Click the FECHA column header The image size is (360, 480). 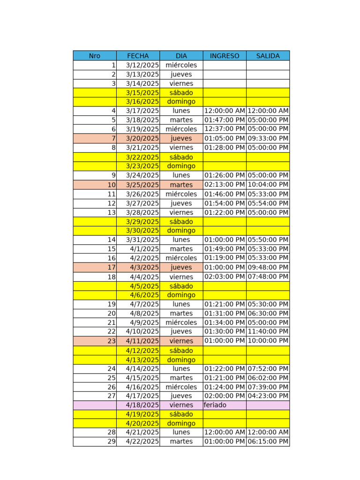(138, 56)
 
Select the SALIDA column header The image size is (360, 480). (268, 56)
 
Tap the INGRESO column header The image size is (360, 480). (225, 56)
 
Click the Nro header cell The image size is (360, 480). (95, 56)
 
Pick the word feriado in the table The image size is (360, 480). (215, 405)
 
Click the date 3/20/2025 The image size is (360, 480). (142, 138)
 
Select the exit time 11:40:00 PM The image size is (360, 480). (268, 331)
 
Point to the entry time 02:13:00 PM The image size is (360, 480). (225, 185)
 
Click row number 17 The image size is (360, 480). (112, 267)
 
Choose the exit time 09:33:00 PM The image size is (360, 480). (268, 138)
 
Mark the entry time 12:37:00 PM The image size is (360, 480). (225, 129)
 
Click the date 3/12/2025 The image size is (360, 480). (142, 65)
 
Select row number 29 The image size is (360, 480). (112, 442)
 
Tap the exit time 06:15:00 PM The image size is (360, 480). (268, 442)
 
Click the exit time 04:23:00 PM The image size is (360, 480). (268, 396)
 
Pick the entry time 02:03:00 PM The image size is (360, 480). (225, 277)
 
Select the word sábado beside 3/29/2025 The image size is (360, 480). (181, 222)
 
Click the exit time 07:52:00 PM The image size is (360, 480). (268, 368)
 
